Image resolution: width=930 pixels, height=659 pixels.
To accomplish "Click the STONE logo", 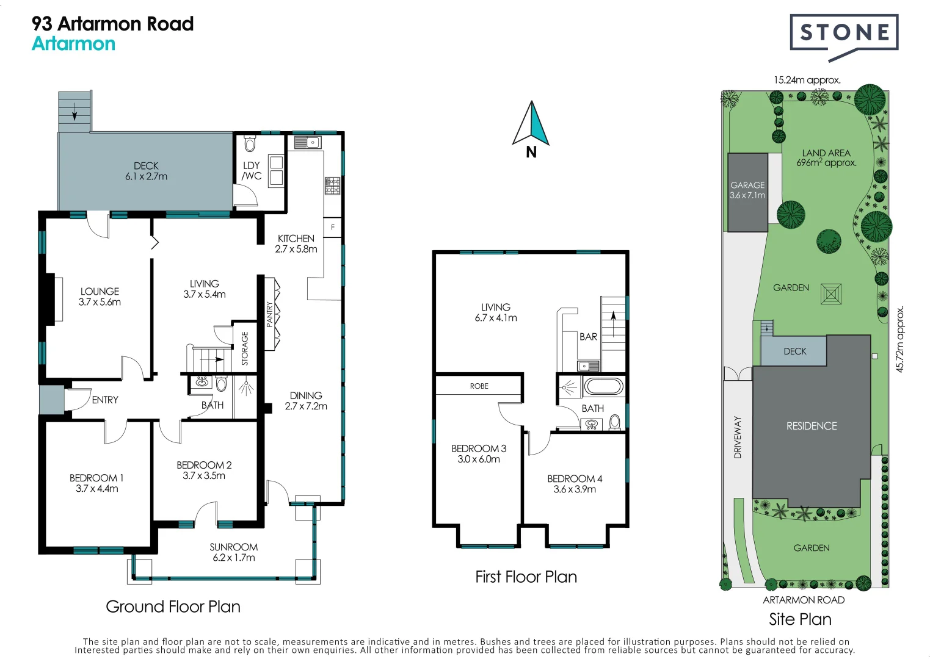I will [844, 33].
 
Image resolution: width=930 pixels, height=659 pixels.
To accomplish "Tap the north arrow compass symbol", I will [531, 125].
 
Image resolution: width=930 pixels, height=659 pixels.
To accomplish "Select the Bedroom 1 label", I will [96, 483].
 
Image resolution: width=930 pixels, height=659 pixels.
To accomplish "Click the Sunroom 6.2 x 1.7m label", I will [234, 552].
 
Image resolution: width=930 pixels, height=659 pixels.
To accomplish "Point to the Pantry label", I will [269, 314].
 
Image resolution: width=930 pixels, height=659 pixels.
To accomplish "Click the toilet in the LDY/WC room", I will [250, 144].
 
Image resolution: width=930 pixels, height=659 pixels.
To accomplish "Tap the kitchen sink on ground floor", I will [307, 143].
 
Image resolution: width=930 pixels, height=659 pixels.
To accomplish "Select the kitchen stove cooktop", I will [332, 185].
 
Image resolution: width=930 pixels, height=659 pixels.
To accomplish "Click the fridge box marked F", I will [332, 227].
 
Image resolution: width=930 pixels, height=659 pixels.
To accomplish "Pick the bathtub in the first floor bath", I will [603, 386].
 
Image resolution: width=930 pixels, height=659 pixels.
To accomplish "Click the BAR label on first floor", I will [588, 337].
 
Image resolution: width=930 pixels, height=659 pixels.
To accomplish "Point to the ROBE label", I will [479, 386].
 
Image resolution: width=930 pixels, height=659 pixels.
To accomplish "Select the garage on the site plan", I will [747, 192].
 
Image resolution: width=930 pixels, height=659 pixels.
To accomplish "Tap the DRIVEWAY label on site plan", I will [738, 437].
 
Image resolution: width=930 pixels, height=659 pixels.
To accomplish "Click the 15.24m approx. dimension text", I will [807, 80].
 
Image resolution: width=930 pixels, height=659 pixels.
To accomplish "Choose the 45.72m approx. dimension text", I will [899, 339].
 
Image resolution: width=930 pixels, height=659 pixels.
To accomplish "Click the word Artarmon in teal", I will [73, 44].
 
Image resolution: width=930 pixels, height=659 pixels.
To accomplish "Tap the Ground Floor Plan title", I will [173, 607].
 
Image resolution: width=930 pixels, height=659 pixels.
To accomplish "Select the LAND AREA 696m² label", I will [826, 158].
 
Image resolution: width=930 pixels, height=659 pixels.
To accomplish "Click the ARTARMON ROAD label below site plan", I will [804, 600].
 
